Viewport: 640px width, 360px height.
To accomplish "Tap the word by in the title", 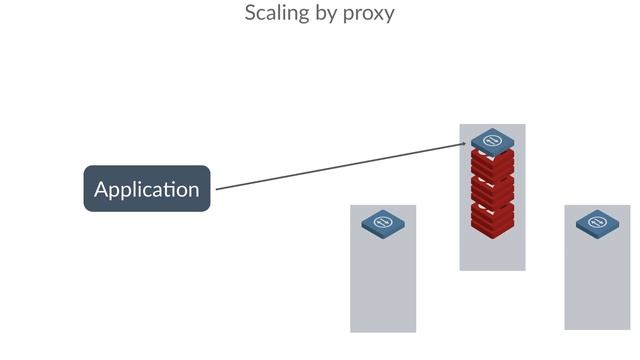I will pyautogui.click(x=325, y=14).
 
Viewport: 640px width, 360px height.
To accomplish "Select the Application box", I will pyautogui.click(x=146, y=188).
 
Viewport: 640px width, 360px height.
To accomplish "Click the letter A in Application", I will pyautogui.click(x=101, y=188).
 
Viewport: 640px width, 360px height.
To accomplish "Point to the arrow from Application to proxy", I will pyautogui.click(x=340, y=167).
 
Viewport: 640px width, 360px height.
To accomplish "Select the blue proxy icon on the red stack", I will pyautogui.click(x=492, y=141).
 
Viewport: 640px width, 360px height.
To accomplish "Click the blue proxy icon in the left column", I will pyautogui.click(x=383, y=222).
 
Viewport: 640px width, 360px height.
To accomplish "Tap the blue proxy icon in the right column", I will pyautogui.click(x=597, y=222).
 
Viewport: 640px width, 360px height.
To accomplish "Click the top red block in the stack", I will pyautogui.click(x=492, y=162).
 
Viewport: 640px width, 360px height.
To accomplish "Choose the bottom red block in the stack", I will pyautogui.click(x=492, y=216).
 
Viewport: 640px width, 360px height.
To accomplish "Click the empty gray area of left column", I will pyautogui.click(x=383, y=285).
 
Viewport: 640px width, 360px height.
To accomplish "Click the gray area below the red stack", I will pyautogui.click(x=492, y=252).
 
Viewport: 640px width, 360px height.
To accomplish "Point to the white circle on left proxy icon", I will pyautogui.click(x=383, y=220).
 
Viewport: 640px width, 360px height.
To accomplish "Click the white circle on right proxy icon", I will pyautogui.click(x=597, y=220).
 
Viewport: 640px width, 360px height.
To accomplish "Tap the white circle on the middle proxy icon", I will pyautogui.click(x=492, y=140).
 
